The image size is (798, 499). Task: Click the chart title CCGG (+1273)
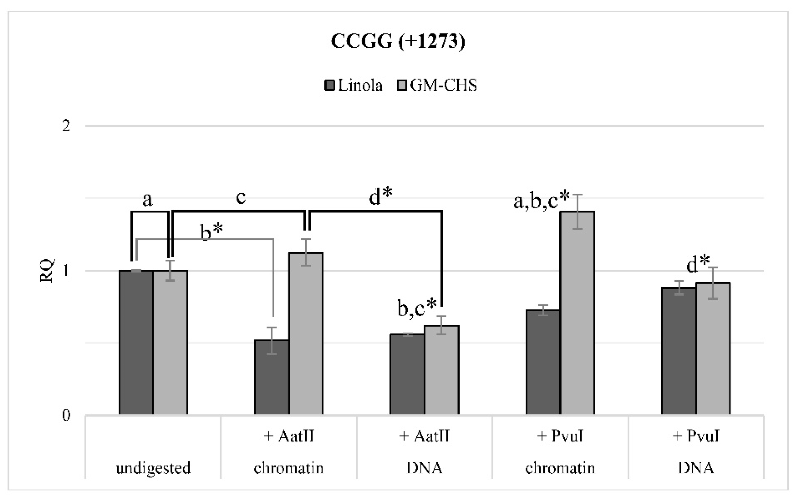coord(398,42)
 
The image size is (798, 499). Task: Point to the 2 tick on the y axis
coord(66,126)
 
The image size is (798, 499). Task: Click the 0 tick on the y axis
coord(66,415)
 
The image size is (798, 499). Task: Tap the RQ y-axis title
coord(47,271)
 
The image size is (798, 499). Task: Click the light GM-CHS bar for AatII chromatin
coord(306,333)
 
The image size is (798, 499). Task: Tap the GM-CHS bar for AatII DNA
coord(441,369)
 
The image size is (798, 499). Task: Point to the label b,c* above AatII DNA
coord(417,308)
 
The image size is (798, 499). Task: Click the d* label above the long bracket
coord(381,197)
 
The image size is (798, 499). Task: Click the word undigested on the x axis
coord(153,468)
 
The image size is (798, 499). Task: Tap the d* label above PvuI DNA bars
coord(698,265)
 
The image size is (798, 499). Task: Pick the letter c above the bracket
coord(241,197)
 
